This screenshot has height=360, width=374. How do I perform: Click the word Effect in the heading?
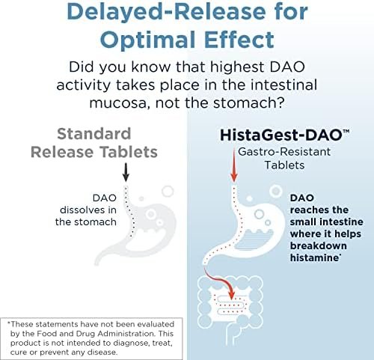click(x=239, y=40)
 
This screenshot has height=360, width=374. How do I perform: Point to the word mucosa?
click(x=120, y=103)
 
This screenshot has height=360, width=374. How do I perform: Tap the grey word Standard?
click(x=94, y=134)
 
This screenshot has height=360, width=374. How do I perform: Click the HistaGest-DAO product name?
click(x=280, y=135)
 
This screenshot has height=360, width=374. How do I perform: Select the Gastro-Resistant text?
click(x=284, y=151)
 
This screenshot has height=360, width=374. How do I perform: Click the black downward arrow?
click(x=126, y=172)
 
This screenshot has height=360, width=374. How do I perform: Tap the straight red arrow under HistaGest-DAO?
click(x=234, y=165)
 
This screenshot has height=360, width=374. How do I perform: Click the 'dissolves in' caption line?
click(x=88, y=210)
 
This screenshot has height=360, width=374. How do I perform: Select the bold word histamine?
click(x=314, y=257)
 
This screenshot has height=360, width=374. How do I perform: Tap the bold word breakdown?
click(x=319, y=245)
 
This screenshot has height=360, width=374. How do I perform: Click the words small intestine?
click(x=327, y=222)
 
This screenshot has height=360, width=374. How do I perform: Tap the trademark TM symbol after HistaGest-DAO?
click(x=346, y=132)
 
